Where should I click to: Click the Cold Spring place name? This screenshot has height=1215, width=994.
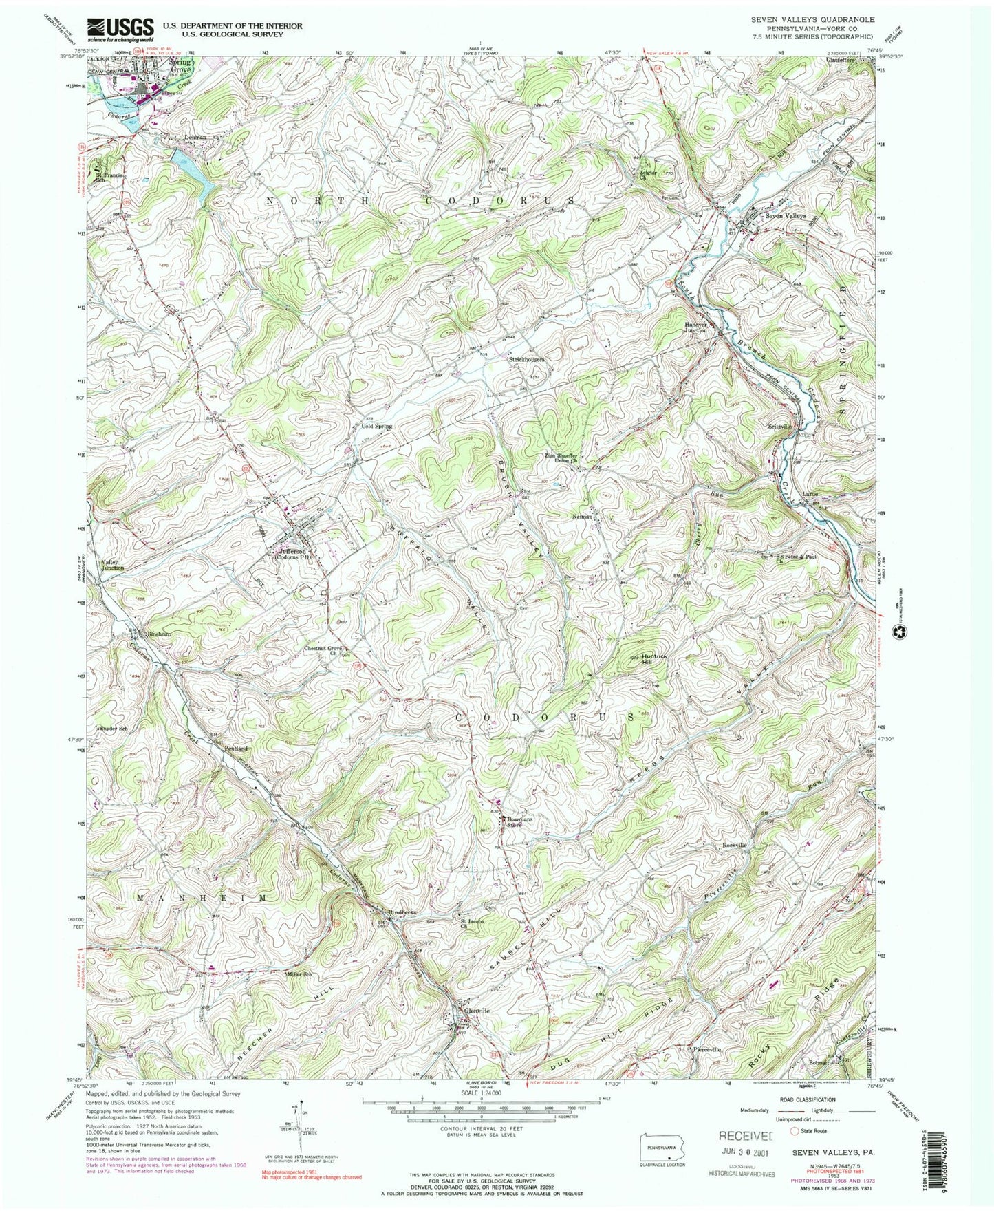377,426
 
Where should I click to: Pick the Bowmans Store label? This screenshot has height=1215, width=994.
521,821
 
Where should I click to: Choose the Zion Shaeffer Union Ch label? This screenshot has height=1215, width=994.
567,458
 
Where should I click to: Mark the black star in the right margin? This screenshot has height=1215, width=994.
898,632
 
